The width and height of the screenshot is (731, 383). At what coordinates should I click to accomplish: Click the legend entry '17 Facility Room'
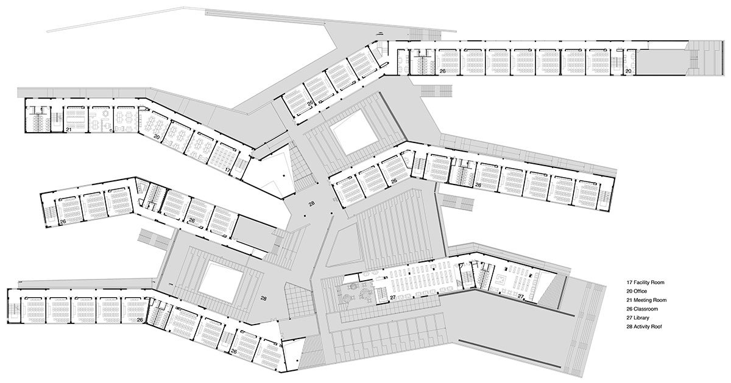(645, 283)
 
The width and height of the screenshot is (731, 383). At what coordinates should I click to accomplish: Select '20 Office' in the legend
(637, 291)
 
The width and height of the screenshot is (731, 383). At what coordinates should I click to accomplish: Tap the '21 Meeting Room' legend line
(646, 300)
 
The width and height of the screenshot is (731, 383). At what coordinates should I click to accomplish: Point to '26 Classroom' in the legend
(642, 309)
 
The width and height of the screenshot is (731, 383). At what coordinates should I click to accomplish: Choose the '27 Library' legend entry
(638, 318)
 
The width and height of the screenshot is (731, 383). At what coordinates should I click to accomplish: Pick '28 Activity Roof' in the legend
(644, 326)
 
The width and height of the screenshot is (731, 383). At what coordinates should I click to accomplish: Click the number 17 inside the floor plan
(228, 170)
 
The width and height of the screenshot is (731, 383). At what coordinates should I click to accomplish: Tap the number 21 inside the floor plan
(68, 130)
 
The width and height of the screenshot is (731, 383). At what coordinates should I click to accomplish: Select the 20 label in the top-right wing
(628, 71)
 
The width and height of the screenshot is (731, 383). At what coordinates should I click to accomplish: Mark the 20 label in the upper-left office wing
(157, 137)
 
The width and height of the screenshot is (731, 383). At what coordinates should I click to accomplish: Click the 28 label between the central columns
(312, 203)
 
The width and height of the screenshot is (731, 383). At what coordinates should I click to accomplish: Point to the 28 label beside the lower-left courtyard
(264, 298)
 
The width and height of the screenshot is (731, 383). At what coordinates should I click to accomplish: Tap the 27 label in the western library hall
(392, 297)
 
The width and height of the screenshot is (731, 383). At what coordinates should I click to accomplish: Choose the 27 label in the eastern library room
(521, 296)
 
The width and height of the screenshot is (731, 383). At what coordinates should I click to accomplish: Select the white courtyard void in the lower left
(221, 283)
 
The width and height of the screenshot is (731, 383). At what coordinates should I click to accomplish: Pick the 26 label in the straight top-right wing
(442, 71)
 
